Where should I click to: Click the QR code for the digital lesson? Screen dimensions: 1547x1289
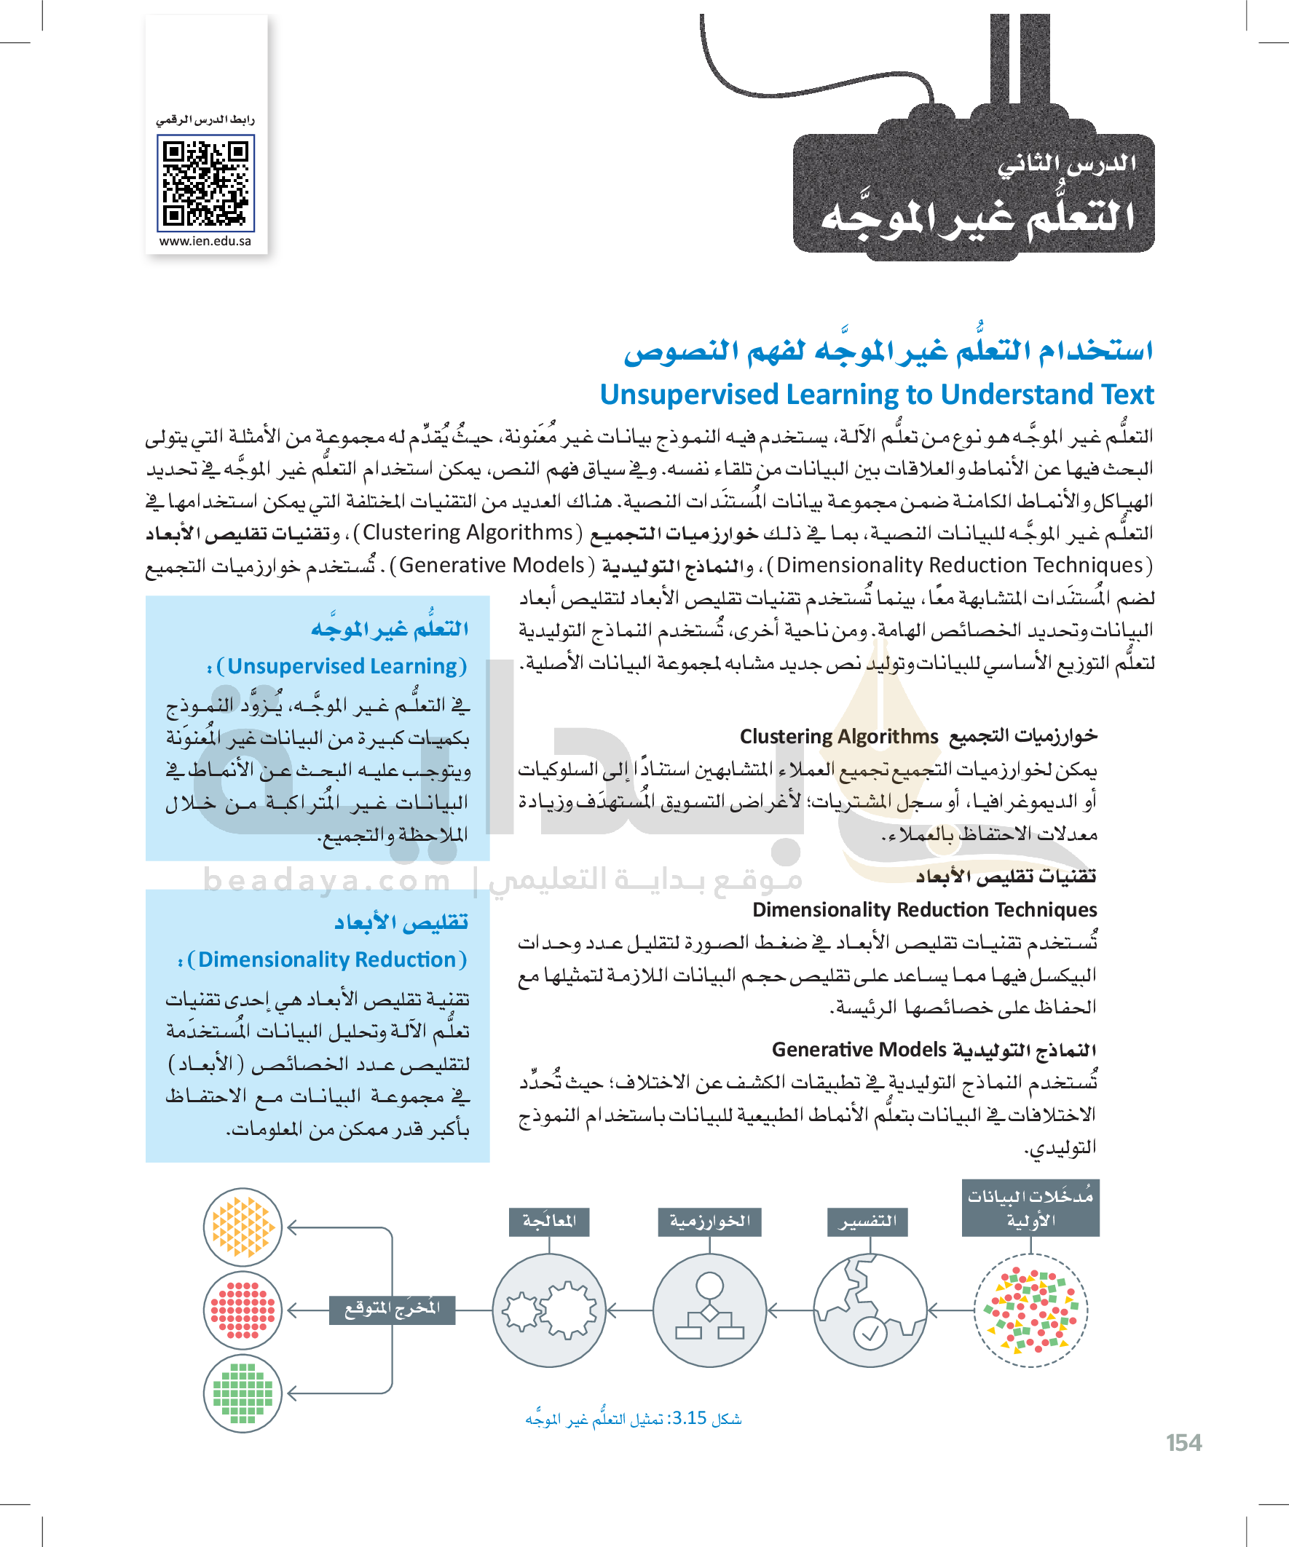tap(205, 183)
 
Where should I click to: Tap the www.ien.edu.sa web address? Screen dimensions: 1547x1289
tap(205, 242)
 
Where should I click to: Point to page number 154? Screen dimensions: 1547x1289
tap(1183, 1443)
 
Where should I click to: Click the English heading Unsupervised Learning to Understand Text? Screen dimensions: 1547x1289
tap(876, 395)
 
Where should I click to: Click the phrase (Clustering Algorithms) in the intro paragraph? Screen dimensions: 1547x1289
tap(468, 533)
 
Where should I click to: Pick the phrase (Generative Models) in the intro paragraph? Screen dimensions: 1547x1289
tap(492, 565)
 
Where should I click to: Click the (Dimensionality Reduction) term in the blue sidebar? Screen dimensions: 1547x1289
tap(327, 960)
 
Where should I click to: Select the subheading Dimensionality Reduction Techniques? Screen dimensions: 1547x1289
tap(924, 910)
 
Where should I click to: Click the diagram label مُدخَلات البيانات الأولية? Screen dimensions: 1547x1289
tap(1030, 1208)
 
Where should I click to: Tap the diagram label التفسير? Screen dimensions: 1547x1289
tap(867, 1222)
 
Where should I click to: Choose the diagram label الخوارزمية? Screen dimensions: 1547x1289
tap(710, 1222)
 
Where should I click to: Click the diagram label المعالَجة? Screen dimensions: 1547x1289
tap(549, 1222)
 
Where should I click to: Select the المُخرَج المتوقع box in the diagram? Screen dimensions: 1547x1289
tap(392, 1309)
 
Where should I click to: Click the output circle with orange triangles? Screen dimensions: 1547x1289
tap(243, 1227)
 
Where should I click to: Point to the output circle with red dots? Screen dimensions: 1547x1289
tap(243, 1310)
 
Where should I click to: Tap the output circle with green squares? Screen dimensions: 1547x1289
tap(243, 1393)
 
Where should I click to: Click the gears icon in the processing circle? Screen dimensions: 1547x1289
tap(549, 1310)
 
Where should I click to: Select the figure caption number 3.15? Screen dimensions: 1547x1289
tap(689, 1418)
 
